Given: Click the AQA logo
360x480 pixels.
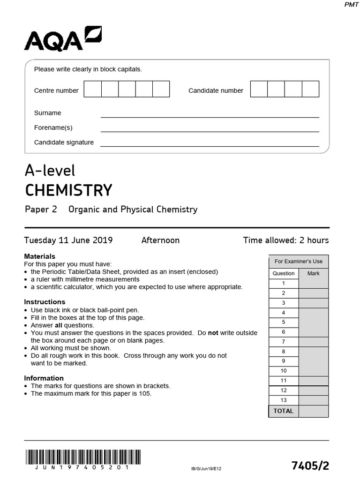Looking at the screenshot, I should (62, 39).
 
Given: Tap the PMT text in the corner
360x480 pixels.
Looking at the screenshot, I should (351, 4).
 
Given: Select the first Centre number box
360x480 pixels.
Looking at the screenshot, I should (93, 89).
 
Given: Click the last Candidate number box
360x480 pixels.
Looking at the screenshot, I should (310, 89).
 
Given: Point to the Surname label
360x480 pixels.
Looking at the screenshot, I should (47, 113).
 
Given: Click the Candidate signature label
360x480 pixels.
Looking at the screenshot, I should (64, 142).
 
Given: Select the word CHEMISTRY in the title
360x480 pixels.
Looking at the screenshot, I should (68, 190).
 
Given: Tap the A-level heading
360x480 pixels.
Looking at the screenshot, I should (50, 170).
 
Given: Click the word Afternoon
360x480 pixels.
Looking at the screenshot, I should (160, 240).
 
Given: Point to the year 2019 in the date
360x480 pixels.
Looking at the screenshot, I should (103, 240).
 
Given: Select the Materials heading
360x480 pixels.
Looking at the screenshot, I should (39, 256).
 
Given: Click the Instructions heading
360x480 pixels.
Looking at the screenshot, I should (45, 302).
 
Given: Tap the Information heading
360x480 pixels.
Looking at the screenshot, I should (44, 378).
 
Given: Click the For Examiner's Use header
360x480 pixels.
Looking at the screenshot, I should (299, 262).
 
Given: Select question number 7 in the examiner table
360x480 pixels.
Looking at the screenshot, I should (284, 342).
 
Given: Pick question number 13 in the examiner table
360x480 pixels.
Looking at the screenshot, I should (284, 400).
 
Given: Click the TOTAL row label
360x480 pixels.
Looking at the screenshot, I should (284, 411).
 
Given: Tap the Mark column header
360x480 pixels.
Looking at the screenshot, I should (314, 273).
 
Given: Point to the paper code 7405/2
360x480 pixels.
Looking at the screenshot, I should (310, 465).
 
